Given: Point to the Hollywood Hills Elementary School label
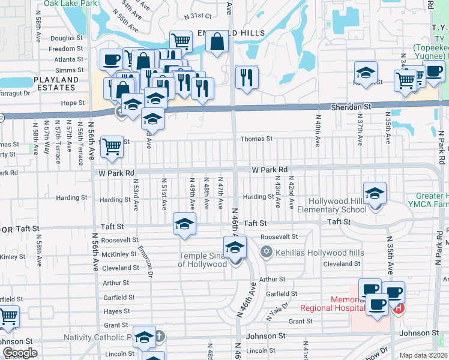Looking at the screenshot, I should [x=337, y=205].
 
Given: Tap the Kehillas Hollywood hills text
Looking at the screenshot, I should [x=319, y=252].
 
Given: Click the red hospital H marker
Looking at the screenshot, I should [x=397, y=308].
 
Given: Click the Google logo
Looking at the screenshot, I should [x=20, y=352].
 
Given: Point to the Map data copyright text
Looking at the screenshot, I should [x=423, y=355].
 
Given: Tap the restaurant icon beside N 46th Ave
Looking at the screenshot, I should [x=246, y=77].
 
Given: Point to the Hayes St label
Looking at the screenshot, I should [x=117, y=311].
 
